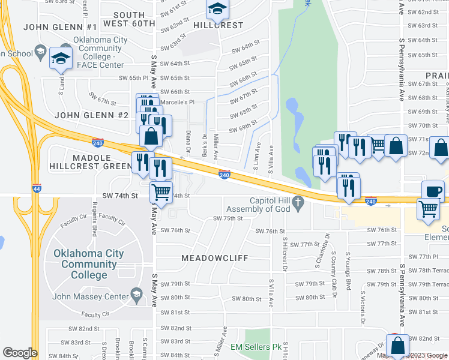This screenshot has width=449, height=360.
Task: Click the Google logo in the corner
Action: pyautogui.click(x=20, y=353)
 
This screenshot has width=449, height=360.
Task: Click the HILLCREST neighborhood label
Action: pyautogui.click(x=218, y=26)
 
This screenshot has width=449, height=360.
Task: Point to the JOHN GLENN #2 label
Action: pyautogui.click(x=92, y=115)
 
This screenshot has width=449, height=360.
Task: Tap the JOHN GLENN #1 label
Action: pyautogui.click(x=60, y=27)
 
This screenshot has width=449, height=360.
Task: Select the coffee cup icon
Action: pyautogui.click(x=433, y=191)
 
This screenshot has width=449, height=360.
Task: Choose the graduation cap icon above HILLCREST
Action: pyautogui.click(x=217, y=8)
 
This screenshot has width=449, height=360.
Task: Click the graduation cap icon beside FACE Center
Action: pyautogui.click(x=61, y=58)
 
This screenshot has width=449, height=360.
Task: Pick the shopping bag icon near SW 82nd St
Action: pyautogui.click(x=397, y=345)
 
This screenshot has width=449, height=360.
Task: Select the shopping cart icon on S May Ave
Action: pyautogui.click(x=161, y=193)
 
